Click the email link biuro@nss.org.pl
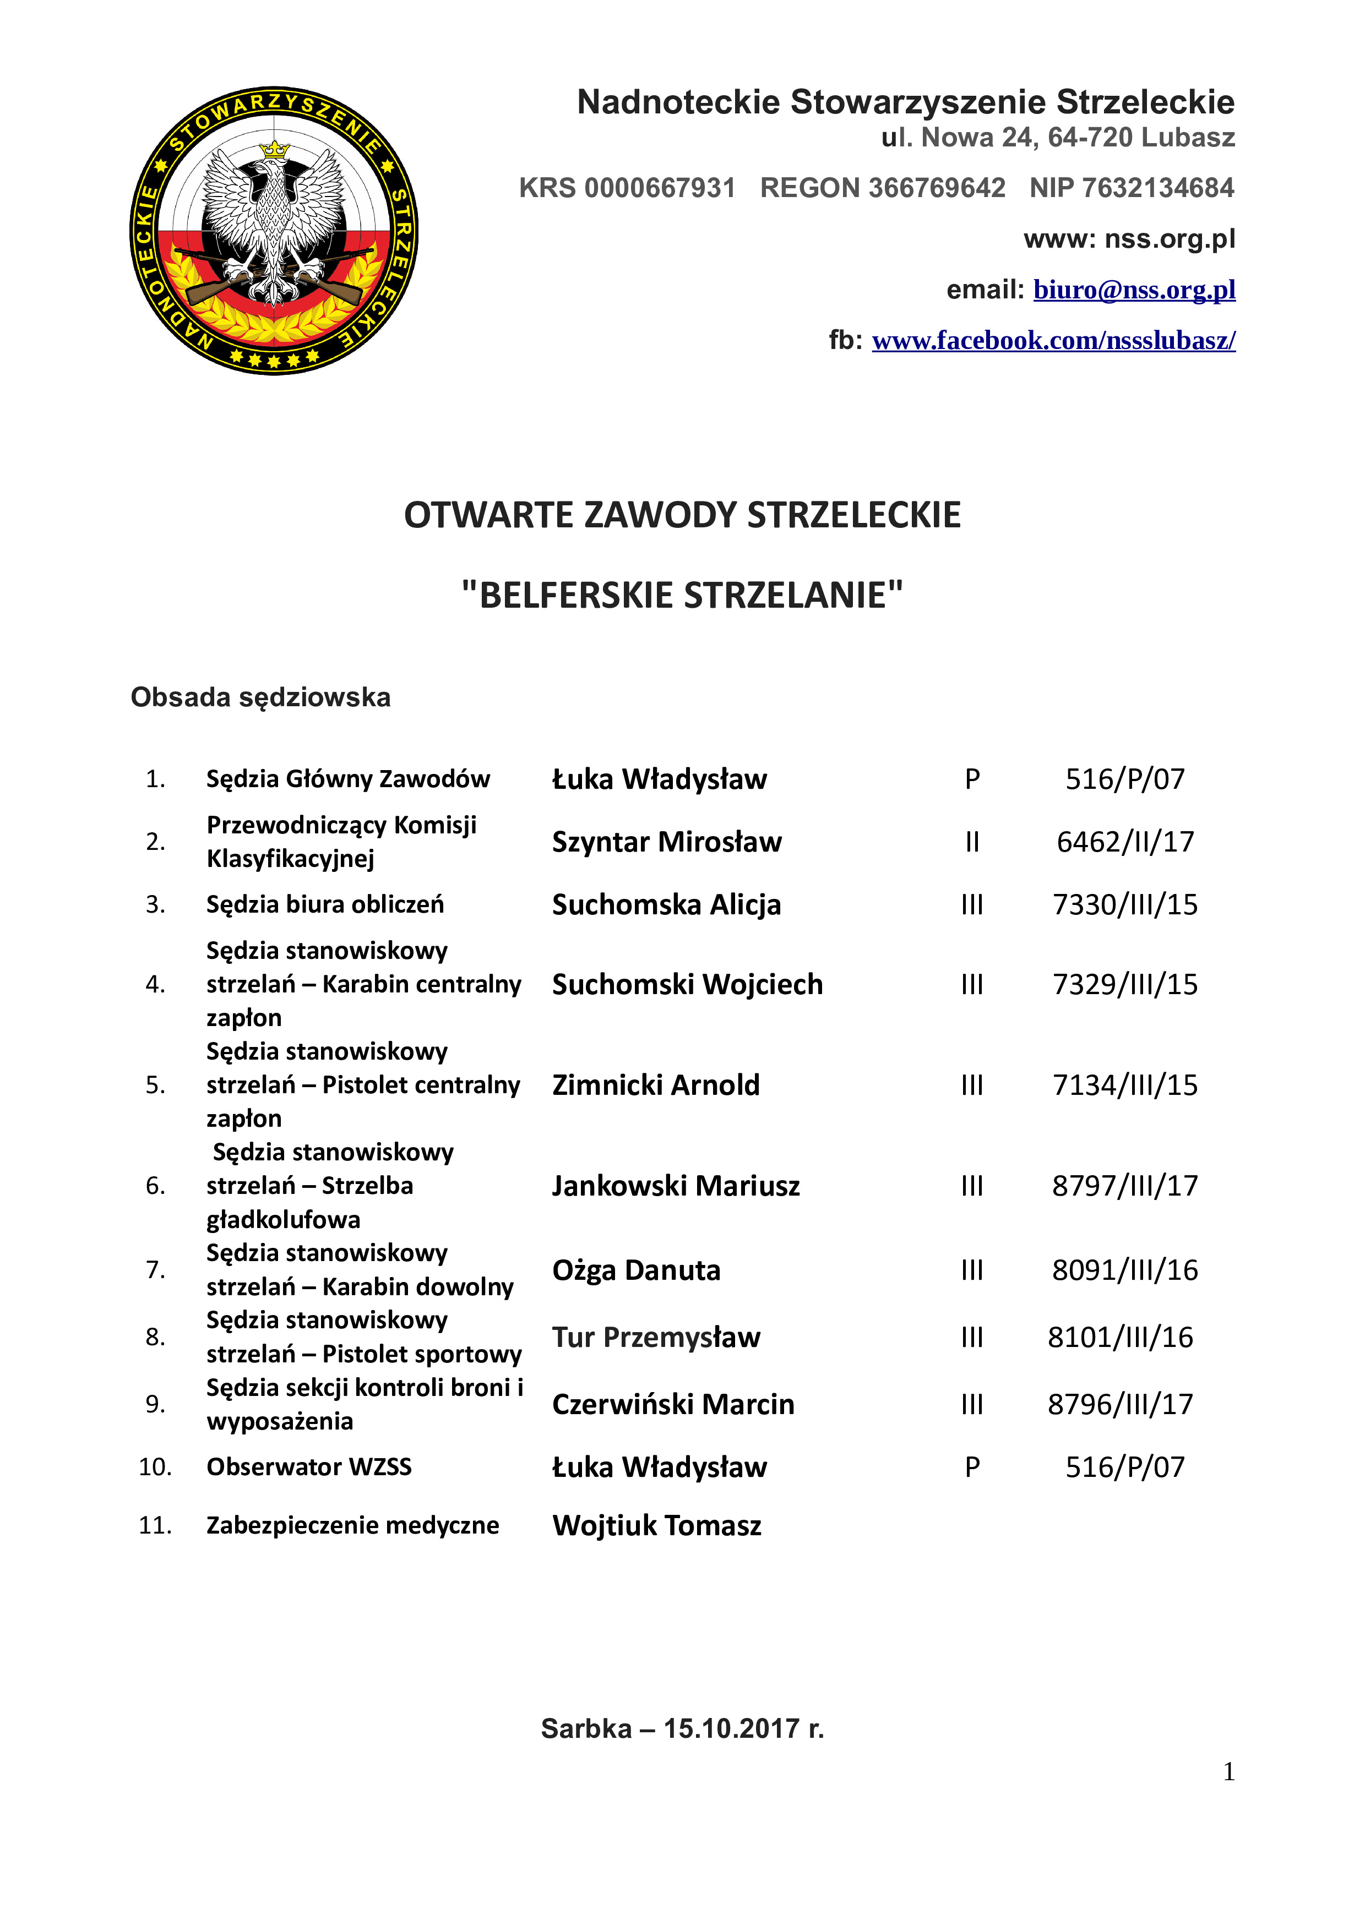[x=1134, y=290]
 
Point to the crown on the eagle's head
[x=274, y=150]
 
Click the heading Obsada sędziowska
[x=260, y=697]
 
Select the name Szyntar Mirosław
[x=667, y=842]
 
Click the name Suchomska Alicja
[x=666, y=905]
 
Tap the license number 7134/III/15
[x=1124, y=1085]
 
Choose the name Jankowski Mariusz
[x=676, y=1186]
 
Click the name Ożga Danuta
[x=636, y=1270]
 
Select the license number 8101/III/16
[x=1121, y=1337]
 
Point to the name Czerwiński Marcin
[x=673, y=1405]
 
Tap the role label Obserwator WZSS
[x=309, y=1468]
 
